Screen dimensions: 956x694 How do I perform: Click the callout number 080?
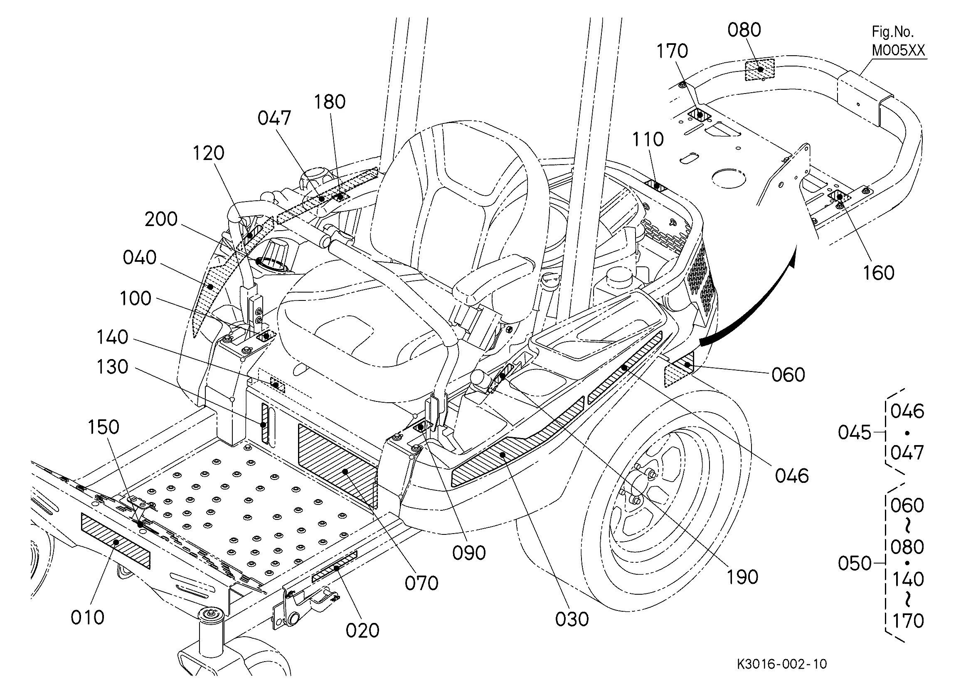point(744,30)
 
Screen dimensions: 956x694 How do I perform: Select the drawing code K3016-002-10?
point(782,664)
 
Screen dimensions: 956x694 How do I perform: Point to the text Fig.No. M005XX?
point(898,41)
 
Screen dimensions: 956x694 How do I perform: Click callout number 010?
point(87,618)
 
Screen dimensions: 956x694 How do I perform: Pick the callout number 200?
point(161,219)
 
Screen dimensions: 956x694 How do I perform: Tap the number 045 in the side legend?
point(855,432)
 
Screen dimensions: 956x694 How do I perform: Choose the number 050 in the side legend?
point(855,564)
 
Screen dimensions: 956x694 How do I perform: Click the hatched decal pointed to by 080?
point(760,69)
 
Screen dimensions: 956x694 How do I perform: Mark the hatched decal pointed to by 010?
point(115,541)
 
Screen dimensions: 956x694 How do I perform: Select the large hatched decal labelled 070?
point(337,466)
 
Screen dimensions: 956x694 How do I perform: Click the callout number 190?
point(742,577)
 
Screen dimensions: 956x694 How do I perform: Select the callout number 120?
point(208,153)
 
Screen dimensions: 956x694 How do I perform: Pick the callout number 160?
point(878,273)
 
